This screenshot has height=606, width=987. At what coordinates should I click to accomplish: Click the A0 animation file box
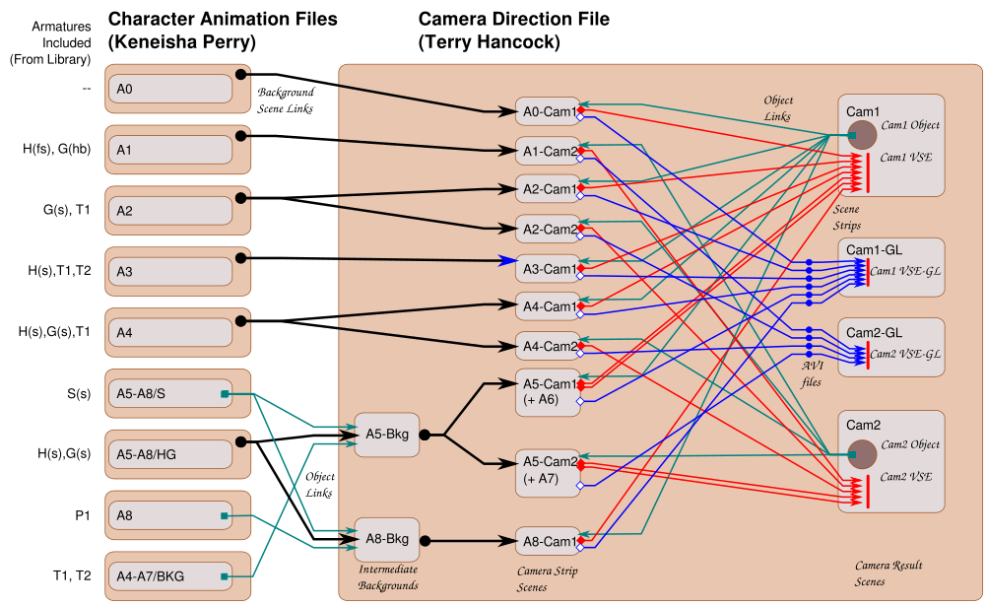[169, 90]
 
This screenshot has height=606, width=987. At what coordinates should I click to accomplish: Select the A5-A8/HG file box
[169, 454]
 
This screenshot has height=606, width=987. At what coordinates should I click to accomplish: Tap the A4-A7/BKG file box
[169, 575]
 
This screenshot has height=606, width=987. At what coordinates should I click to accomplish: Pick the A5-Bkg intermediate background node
[386, 435]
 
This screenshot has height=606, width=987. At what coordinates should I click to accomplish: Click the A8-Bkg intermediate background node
[386, 539]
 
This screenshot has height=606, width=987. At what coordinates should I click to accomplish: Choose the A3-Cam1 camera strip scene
[548, 268]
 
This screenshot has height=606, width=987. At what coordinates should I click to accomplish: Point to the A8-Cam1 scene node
[548, 541]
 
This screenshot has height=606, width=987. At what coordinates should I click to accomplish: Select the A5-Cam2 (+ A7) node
[548, 470]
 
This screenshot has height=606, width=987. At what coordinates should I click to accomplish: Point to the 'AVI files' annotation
[810, 374]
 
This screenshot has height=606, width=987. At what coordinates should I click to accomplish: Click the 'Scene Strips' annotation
[847, 218]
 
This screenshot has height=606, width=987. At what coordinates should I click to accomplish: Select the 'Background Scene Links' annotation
[286, 101]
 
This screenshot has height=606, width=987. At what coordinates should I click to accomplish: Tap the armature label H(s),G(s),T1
[54, 333]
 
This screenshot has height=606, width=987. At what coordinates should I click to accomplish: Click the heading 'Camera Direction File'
[513, 19]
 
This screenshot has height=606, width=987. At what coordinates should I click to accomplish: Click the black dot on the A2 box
[240, 199]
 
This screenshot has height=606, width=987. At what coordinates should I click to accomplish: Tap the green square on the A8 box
[225, 515]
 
